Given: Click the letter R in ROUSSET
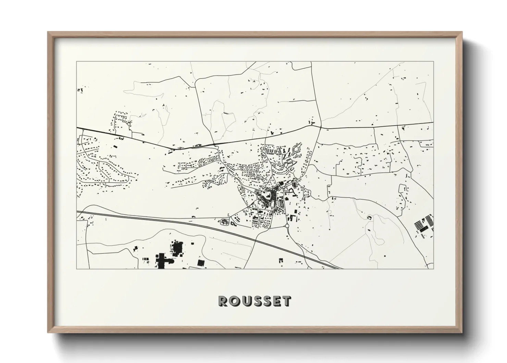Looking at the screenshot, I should pos(223,301).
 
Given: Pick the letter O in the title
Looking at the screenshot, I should pos(234,301).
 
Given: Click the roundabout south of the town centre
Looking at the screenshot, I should pos(287,226).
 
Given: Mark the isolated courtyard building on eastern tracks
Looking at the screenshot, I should pos(370,218).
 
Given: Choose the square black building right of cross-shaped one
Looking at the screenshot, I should pos(200,263).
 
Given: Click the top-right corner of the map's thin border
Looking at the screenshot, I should pos(433,62).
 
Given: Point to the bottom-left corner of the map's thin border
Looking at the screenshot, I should pos(76,269).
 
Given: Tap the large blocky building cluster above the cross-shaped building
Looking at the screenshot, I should pos(177,248).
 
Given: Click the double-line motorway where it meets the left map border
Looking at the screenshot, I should pos(77,212).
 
